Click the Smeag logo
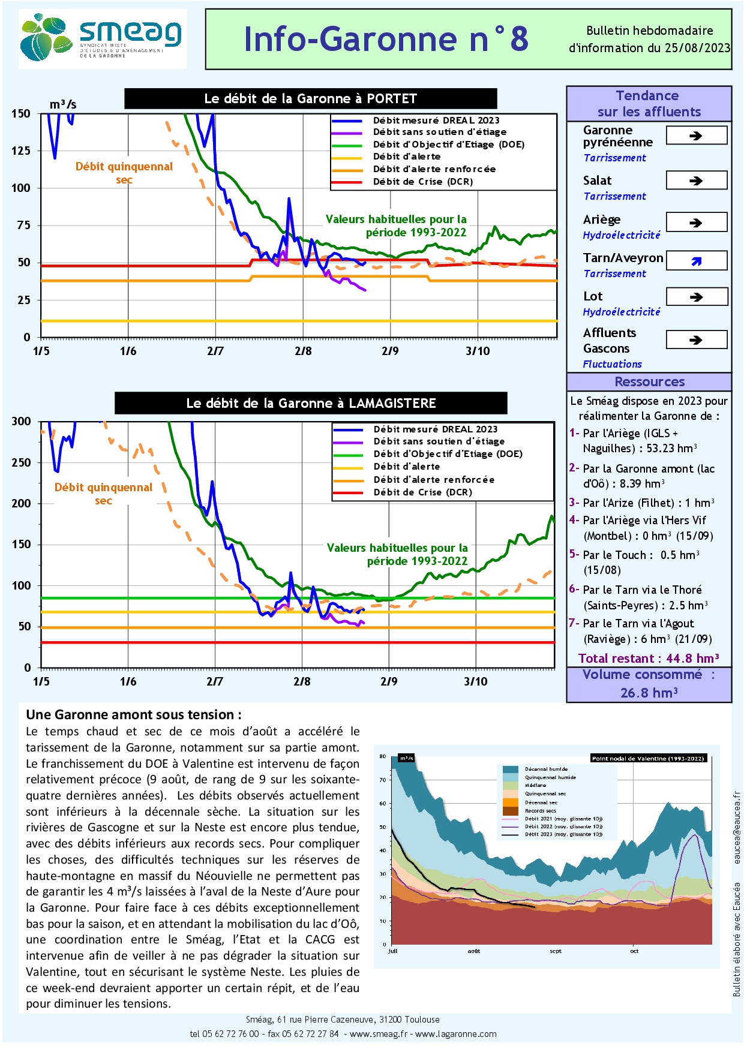[x=102, y=38]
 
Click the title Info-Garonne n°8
[x=386, y=39]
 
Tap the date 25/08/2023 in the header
[x=697, y=48]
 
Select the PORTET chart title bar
[x=310, y=98]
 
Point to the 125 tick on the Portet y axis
[x=21, y=151]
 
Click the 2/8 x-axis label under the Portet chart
[x=303, y=351]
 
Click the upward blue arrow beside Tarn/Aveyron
[x=696, y=261]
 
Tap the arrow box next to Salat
[x=696, y=181]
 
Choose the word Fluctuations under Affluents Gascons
[x=612, y=364]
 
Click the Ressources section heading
[x=649, y=382]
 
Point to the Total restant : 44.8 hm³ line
[x=649, y=659]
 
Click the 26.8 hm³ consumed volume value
[x=649, y=693]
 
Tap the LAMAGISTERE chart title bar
[x=311, y=403]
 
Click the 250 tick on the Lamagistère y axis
[x=21, y=462]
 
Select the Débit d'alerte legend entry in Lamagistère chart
[x=406, y=467]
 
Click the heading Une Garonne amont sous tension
[x=133, y=714]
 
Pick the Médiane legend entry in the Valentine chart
[x=535, y=785]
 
